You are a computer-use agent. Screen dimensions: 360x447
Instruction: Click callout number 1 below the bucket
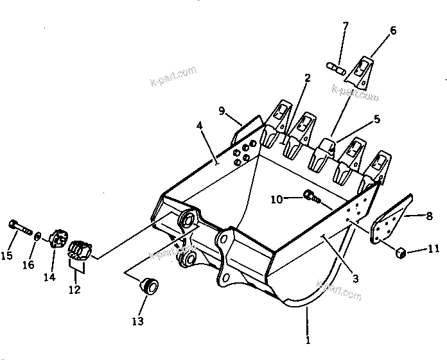pyautogui.click(x=309, y=341)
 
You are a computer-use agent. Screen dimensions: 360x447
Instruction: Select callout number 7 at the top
pyautogui.click(x=346, y=26)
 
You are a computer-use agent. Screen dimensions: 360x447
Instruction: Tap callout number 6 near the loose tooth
pyautogui.click(x=393, y=30)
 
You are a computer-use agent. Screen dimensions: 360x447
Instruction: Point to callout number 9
pyautogui.click(x=222, y=111)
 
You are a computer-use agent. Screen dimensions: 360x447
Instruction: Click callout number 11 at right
pyautogui.click(x=434, y=248)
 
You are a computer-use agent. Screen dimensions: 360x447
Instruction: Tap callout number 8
pyautogui.click(x=429, y=216)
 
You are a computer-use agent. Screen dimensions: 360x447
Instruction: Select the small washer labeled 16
pyautogui.click(x=39, y=237)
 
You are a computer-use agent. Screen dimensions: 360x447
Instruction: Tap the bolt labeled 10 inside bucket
pyautogui.click(x=311, y=196)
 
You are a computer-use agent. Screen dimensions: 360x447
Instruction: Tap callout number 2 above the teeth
pyautogui.click(x=308, y=78)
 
